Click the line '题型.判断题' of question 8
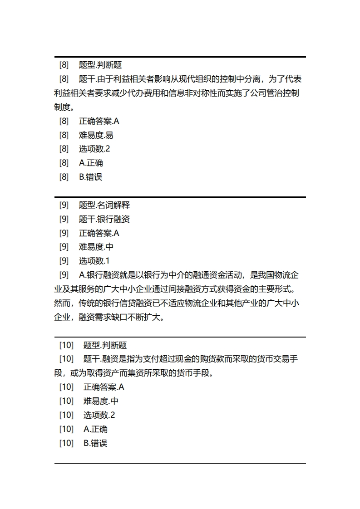coord(100,65)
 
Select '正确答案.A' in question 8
coord(99,121)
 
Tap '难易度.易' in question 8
coord(96,135)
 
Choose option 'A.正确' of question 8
coord(91,163)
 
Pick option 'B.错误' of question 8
coord(91,177)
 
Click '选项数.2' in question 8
coord(94,149)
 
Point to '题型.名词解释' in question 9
coord(104,205)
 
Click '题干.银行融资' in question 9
coord(104,219)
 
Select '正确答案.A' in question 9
coord(99,233)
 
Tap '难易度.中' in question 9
coord(96,247)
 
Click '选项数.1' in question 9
coord(94,261)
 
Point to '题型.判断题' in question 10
coord(105,345)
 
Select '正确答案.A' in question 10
coord(104,387)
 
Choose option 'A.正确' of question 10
coord(96,429)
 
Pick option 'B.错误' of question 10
coord(96,443)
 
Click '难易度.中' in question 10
coord(101,401)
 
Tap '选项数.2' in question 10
coord(99,415)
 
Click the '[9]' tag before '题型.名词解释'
coord(64,205)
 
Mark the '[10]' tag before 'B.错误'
coord(66,443)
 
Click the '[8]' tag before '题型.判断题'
coord(64,65)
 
